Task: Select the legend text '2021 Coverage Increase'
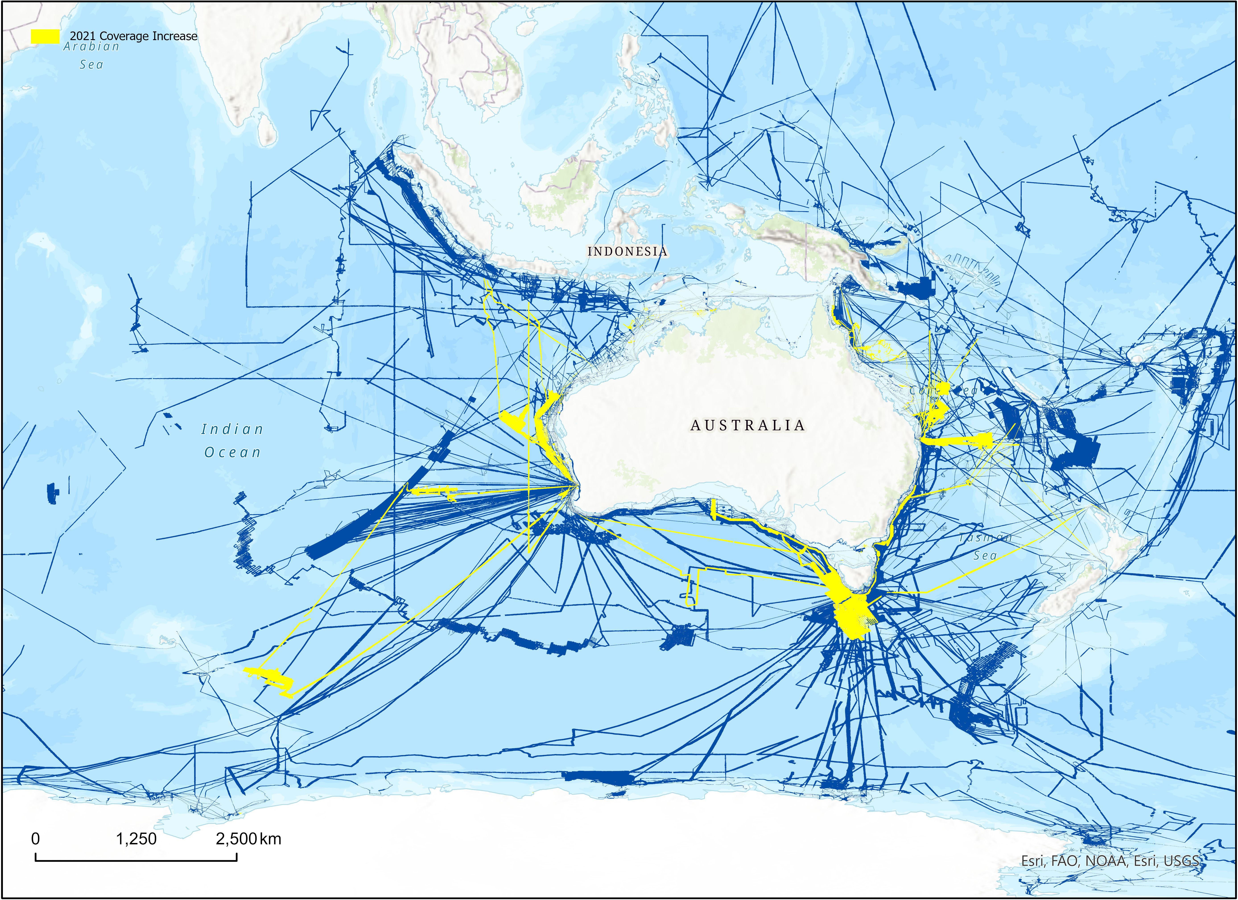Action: tap(133, 36)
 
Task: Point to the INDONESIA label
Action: tap(627, 252)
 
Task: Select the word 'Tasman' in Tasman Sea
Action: tap(985, 537)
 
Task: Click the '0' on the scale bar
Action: tap(35, 839)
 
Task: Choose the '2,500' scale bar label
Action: tap(236, 839)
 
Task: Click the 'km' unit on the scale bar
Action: tap(271, 839)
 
